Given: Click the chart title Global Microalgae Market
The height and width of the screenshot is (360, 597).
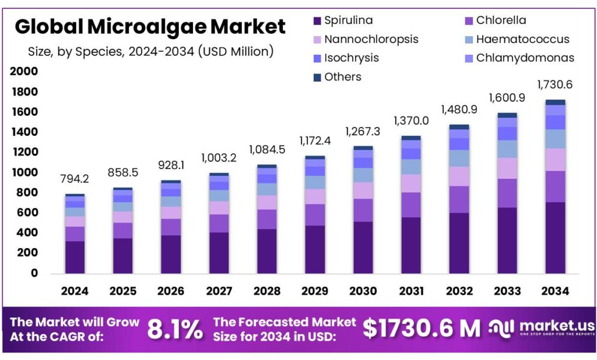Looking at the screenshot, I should click(150, 26).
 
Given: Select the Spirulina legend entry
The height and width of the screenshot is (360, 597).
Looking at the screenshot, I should click(348, 20).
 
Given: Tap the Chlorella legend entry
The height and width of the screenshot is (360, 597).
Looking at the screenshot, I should click(500, 20).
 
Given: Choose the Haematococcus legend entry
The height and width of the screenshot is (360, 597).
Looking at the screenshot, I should click(522, 40).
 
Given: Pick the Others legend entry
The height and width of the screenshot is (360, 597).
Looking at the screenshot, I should click(342, 77).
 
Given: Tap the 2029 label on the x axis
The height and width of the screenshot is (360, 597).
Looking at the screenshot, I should click(315, 291).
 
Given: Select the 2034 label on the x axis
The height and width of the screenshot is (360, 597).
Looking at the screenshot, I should click(554, 291).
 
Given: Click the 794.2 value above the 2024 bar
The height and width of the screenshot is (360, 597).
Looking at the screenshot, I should click(75, 178).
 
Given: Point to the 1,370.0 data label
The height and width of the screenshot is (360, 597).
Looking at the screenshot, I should click(411, 121).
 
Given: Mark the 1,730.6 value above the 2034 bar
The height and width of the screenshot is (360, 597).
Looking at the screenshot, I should click(554, 85).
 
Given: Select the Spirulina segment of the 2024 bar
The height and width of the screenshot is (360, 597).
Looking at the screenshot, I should click(75, 257).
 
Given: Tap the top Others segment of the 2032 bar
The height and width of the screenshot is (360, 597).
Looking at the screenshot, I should click(459, 127).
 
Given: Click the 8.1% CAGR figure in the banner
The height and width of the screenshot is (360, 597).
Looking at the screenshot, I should click(175, 329).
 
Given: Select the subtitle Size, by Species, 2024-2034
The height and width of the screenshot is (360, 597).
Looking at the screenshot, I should click(150, 51).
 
